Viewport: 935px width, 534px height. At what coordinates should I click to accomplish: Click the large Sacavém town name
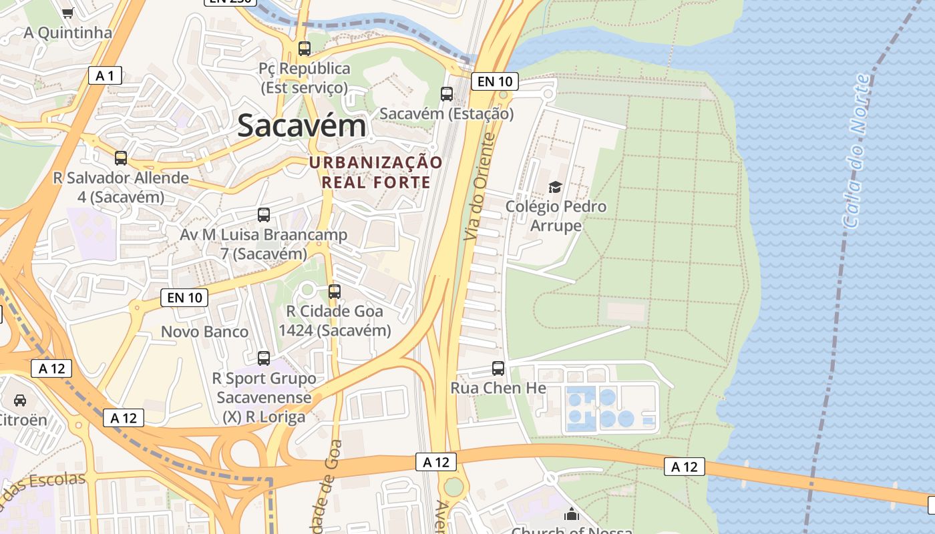coord(302,125)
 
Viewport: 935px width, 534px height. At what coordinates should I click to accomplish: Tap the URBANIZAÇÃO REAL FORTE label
coord(375,172)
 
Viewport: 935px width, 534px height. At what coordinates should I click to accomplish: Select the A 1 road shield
coord(105,75)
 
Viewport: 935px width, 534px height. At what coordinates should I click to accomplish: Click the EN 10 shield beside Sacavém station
coord(495,81)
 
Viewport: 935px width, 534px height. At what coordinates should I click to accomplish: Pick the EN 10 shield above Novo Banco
coord(184,298)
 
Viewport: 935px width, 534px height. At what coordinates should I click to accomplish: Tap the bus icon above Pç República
coord(305,48)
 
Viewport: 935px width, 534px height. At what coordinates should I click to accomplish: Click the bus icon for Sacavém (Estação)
coord(447,94)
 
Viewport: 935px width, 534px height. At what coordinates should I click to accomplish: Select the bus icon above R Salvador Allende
coord(121,158)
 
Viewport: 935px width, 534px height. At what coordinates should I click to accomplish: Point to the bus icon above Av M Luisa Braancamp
coord(264,215)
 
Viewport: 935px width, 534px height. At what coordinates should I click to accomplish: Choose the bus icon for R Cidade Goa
coord(335,292)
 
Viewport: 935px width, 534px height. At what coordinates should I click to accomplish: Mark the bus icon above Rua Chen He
coord(498,368)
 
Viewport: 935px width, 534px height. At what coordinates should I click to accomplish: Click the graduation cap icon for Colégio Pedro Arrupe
coord(555,186)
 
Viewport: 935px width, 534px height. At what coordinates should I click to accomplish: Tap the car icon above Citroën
coord(20,400)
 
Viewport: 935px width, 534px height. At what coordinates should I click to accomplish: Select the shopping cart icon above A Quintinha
coord(67,13)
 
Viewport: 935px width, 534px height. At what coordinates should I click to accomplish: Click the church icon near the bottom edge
coord(572,514)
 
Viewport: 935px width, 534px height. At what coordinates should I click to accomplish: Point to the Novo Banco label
coord(204,332)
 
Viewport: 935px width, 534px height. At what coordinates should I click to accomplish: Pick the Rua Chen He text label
coord(498,388)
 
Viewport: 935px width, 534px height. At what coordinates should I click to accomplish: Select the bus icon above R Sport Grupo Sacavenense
coord(264,358)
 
